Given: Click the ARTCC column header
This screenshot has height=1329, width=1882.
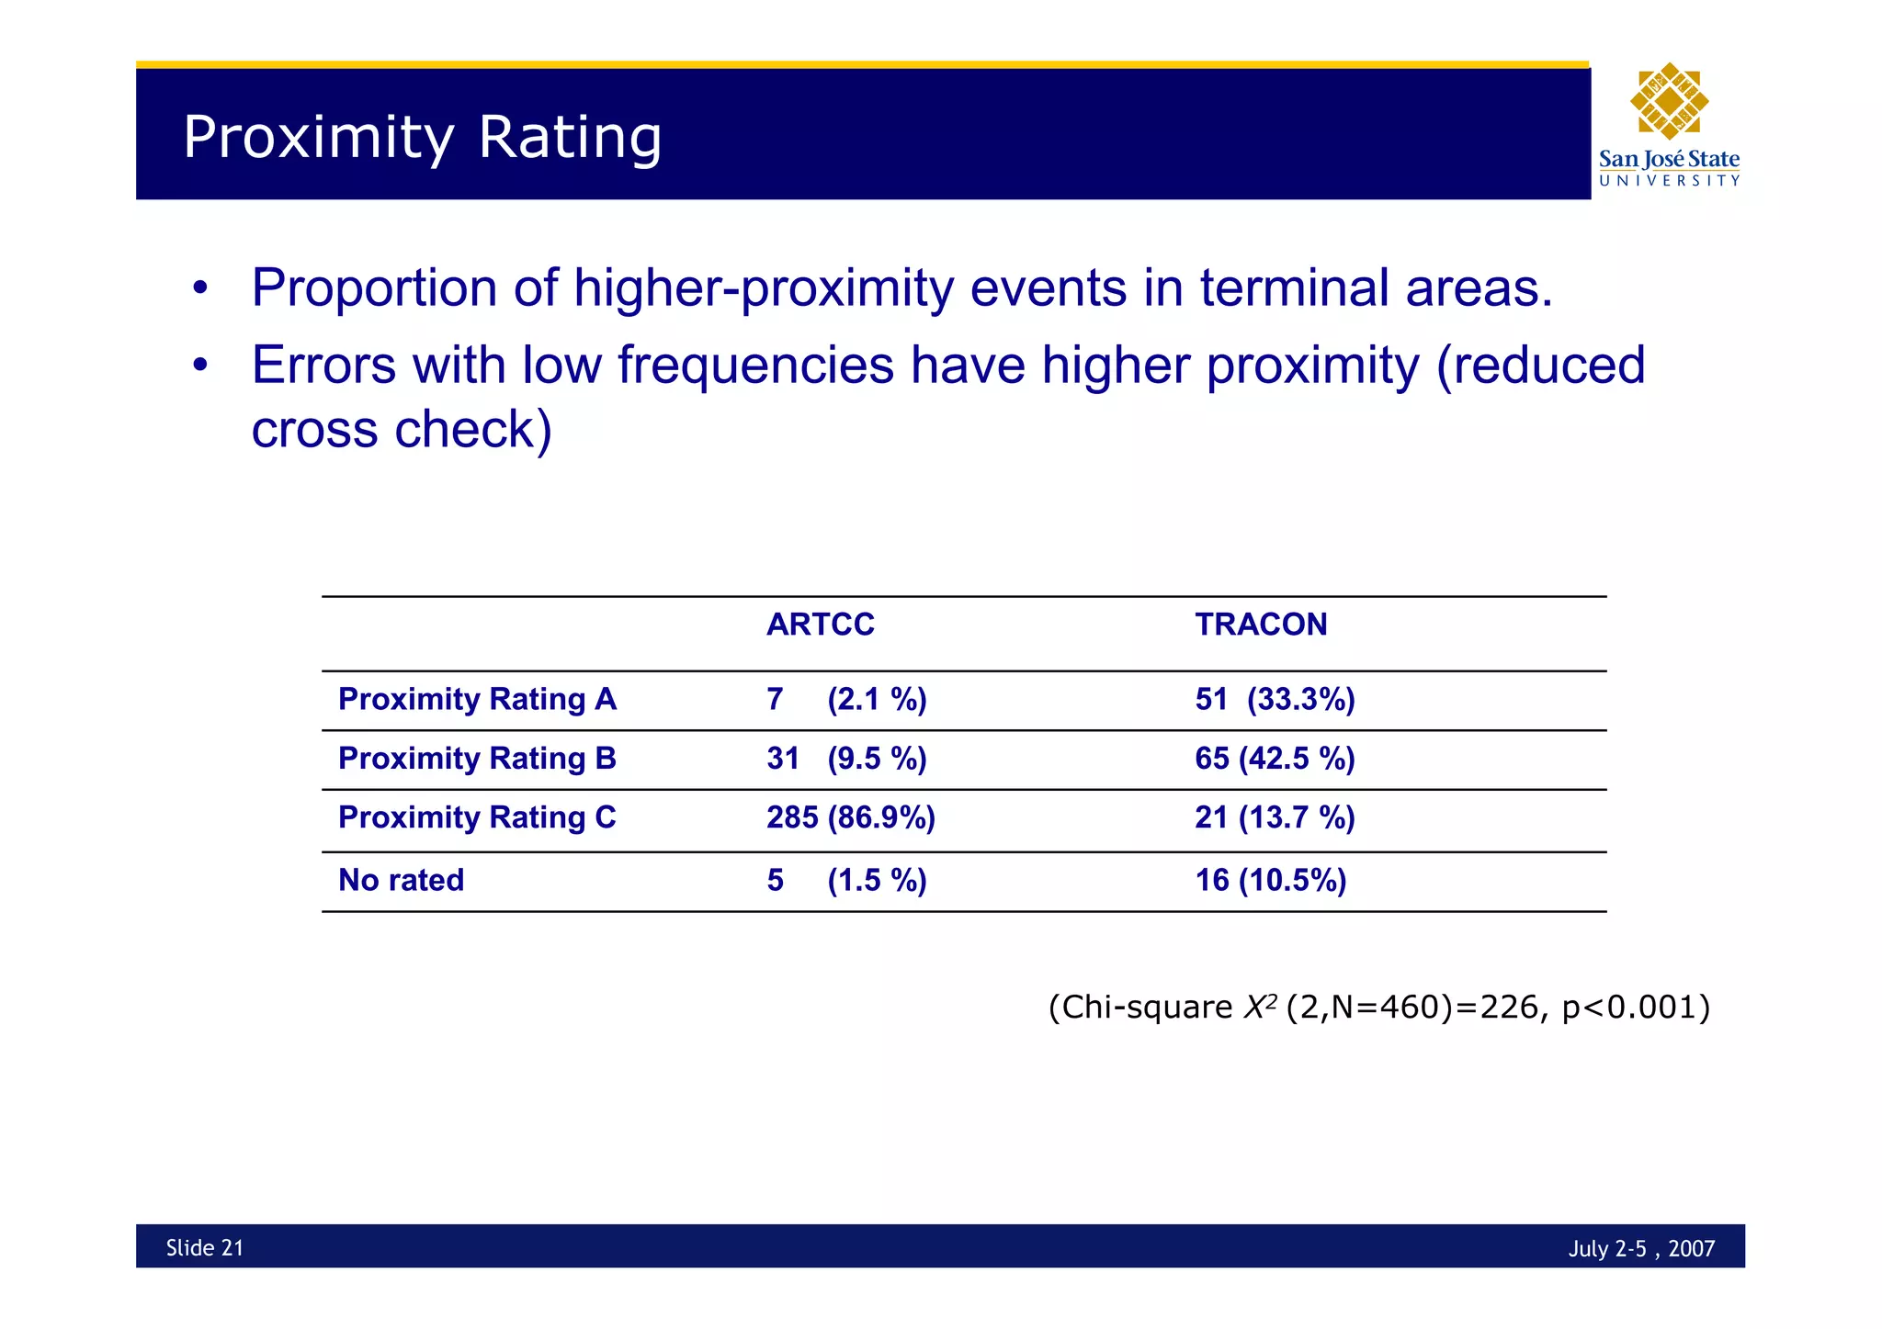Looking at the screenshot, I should coord(820,625).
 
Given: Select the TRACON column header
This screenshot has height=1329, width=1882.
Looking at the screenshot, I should coord(1260,625).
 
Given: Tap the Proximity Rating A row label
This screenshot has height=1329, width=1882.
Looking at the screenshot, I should coord(477,700).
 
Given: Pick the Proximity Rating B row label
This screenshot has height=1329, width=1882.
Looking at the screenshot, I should coord(477,759).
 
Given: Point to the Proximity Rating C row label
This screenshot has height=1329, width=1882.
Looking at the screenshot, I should coord(477,817).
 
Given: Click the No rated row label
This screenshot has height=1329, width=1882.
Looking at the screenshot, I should coord(402,880).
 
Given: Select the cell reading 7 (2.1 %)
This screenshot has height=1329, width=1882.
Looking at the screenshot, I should coord(846,700).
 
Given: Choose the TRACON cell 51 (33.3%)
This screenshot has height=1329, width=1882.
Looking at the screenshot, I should coord(1275,700).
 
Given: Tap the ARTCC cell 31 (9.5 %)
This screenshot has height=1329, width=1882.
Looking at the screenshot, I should coord(846,759).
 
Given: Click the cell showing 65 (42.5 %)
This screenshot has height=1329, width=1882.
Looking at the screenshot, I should coord(1275,759).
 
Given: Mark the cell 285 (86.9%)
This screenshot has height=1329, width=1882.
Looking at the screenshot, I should coord(850,817).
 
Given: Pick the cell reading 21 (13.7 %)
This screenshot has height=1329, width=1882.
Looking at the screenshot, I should coord(1275,817).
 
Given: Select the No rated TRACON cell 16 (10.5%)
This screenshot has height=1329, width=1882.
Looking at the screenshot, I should coord(1270,880).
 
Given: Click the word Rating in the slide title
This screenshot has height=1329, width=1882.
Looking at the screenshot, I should coord(570,138).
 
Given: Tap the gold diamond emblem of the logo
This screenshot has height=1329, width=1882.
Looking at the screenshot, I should coord(1669,101).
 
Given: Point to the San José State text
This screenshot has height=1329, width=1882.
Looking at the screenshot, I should coord(1669,159).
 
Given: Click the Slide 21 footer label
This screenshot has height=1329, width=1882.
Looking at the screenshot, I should coord(205,1247).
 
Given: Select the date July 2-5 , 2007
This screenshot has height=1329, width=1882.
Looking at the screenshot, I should coord(1641,1248).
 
